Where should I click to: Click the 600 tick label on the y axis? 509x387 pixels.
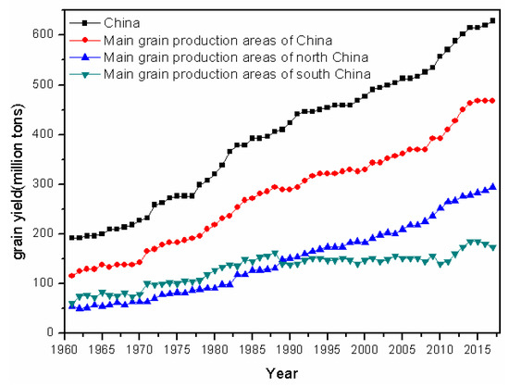tap(43, 34)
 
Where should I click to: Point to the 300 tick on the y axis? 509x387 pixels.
tap(62, 184)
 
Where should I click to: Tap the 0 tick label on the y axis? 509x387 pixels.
tap(50, 332)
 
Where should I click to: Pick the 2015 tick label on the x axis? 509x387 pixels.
tap(478, 349)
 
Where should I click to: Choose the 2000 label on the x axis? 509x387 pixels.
tap(365, 349)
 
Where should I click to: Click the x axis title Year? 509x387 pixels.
tap(281, 373)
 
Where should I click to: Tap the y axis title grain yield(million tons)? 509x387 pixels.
tap(19, 181)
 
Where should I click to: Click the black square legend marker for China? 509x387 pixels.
tap(85, 23)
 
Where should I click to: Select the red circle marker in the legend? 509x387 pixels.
tap(85, 40)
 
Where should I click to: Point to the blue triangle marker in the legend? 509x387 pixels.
tap(85, 56)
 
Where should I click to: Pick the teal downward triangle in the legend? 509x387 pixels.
tap(85, 74)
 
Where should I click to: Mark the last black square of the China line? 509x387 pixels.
tap(492, 20)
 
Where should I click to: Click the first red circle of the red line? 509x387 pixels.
tap(72, 276)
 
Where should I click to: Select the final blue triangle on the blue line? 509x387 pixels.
tap(492, 186)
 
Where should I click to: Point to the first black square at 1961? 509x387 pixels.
tap(72, 238)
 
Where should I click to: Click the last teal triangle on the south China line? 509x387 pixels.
tap(492, 248)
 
